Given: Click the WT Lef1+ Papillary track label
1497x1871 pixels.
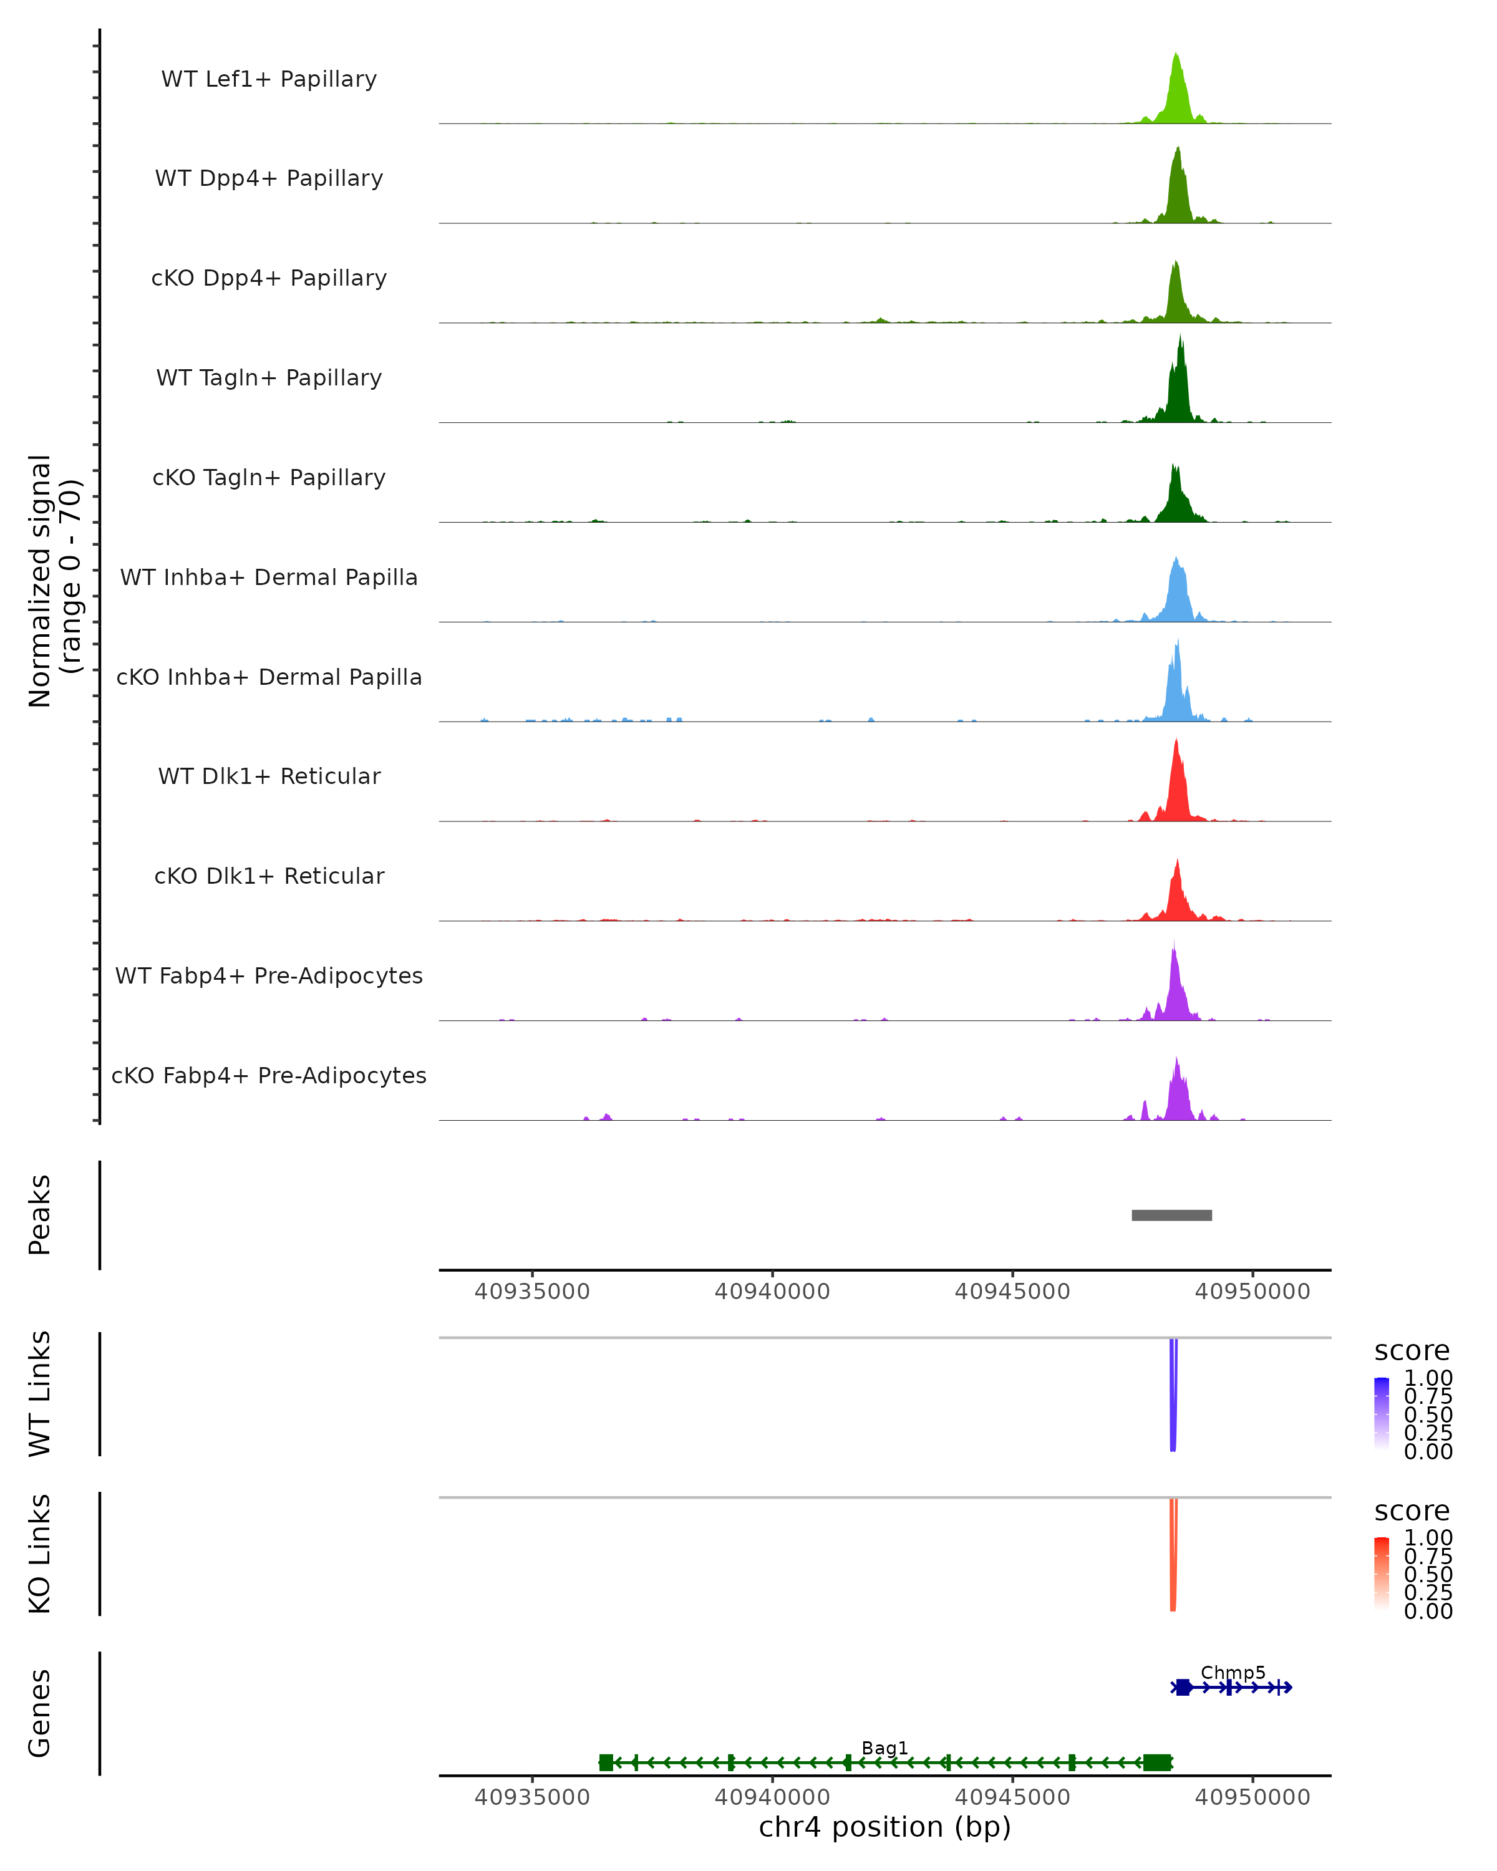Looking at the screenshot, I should point(269,80).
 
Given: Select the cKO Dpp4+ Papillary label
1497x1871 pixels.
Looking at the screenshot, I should point(269,279).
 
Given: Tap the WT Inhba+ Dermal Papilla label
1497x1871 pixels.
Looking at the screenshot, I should point(269,578).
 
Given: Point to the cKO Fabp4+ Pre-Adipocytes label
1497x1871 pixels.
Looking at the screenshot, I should point(269,1076).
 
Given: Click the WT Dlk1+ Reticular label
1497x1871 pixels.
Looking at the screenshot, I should point(269,776).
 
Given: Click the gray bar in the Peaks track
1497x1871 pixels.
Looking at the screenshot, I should point(1171,1216).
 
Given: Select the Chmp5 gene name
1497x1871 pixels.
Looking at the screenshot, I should point(1233,1672).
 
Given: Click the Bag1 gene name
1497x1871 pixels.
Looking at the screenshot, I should point(884,1748).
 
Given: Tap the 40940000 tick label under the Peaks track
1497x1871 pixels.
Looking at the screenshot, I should point(772,1292).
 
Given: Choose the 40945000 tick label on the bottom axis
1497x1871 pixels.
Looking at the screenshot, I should point(1012,1797).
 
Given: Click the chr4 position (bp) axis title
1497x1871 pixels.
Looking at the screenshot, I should point(884,1827).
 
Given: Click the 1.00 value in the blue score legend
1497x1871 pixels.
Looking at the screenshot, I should point(1428,1378).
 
